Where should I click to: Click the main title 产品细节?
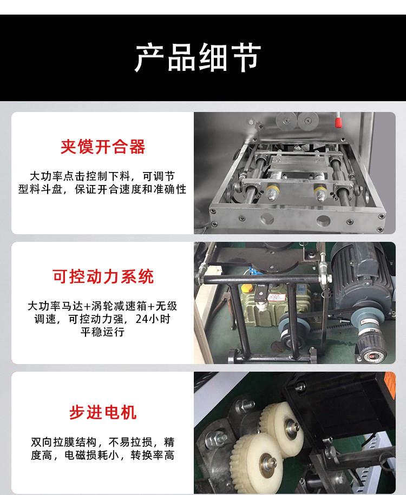tap(198, 57)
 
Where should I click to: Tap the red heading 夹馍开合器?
tap(103, 147)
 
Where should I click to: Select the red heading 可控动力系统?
tap(103, 276)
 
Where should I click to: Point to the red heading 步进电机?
tap(103, 412)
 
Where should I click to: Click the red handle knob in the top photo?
tap(338, 122)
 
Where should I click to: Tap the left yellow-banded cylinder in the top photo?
tap(272, 192)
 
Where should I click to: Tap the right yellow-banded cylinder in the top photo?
tap(320, 193)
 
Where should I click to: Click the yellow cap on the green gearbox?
tap(247, 288)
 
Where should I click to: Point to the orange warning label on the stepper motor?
tap(390, 385)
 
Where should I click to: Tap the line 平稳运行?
tap(102, 332)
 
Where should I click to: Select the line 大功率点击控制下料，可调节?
tap(102, 176)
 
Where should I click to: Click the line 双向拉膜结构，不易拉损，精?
tap(102, 442)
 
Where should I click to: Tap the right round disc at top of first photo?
tap(308, 120)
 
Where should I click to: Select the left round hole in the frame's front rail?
tap(267, 218)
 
